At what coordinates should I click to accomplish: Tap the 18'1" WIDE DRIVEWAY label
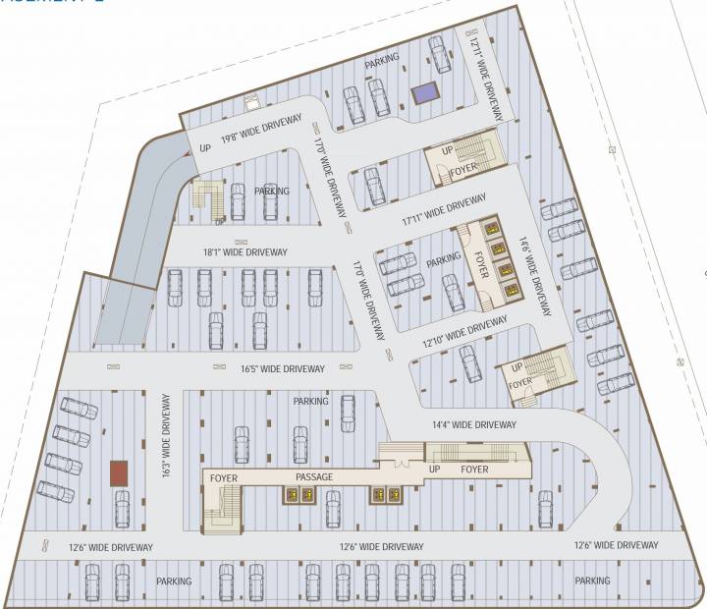pyautogui.click(x=245, y=252)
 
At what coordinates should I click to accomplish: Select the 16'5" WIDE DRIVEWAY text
pyautogui.click(x=282, y=369)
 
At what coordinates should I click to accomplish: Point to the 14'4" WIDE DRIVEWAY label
pyautogui.click(x=474, y=424)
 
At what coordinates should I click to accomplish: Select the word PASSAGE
pyautogui.click(x=315, y=478)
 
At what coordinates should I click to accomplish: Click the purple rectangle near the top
pyautogui.click(x=426, y=94)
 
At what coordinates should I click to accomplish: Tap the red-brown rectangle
pyautogui.click(x=119, y=472)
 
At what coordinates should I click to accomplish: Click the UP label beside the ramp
pyautogui.click(x=206, y=147)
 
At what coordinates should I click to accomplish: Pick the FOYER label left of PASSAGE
pyautogui.click(x=225, y=478)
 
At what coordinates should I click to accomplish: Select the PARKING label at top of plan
pyautogui.click(x=382, y=60)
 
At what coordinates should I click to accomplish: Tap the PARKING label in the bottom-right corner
pyautogui.click(x=592, y=581)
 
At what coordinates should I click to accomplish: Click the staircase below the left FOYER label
pyautogui.click(x=223, y=511)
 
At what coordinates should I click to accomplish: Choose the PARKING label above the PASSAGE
pyautogui.click(x=310, y=401)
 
